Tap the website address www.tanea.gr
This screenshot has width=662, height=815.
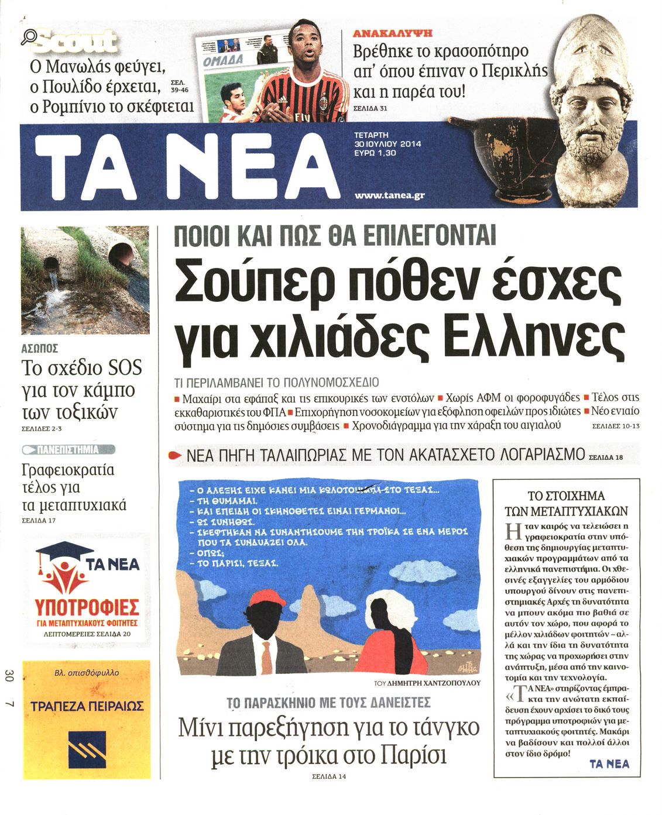point(389,195)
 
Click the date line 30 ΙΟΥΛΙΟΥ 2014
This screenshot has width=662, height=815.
point(387,144)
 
